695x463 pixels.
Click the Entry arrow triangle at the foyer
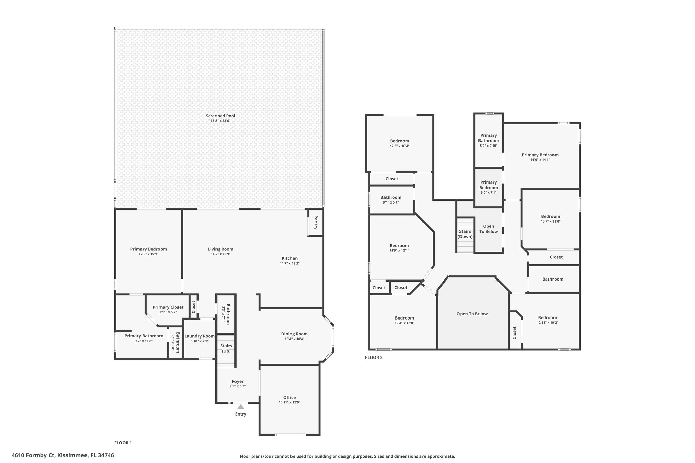click(241, 406)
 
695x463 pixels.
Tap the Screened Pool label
click(221, 116)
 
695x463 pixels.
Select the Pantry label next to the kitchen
click(316, 223)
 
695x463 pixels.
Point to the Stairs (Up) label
click(226, 348)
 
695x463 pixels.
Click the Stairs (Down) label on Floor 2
click(465, 234)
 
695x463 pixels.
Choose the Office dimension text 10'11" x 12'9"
click(289, 402)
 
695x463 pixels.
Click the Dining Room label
click(294, 334)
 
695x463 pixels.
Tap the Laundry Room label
click(200, 336)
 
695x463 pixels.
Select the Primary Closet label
click(168, 307)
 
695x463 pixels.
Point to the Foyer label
click(238, 381)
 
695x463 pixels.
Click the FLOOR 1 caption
click(123, 443)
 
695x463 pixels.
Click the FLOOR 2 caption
click(374, 358)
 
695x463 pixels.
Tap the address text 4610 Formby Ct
click(33, 455)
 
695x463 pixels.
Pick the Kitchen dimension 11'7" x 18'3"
click(289, 263)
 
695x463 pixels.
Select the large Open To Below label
click(472, 314)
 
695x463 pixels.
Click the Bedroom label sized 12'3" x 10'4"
click(399, 141)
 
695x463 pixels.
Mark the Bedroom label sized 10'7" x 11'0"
click(550, 217)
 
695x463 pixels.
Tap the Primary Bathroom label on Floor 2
click(489, 138)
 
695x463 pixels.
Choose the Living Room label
click(221, 249)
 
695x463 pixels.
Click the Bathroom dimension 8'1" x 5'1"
click(391, 202)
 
